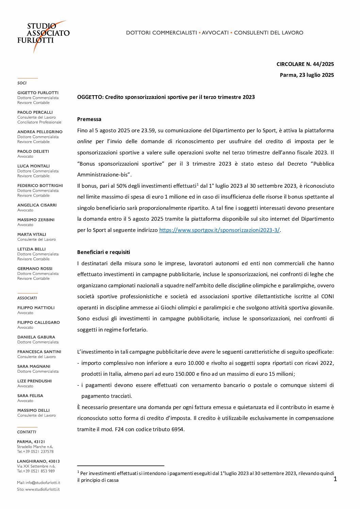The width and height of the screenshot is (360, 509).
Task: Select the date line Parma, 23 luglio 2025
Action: click(x=307, y=75)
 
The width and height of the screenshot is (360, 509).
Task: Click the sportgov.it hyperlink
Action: click(x=219, y=230)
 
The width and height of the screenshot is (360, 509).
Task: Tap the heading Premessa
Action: click(x=89, y=119)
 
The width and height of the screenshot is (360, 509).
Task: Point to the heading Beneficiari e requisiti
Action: click(x=103, y=252)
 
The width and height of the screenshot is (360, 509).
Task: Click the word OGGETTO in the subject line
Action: click(x=90, y=97)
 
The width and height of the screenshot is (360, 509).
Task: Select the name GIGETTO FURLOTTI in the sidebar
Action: click(x=38, y=93)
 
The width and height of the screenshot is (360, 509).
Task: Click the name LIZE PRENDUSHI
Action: click(x=34, y=381)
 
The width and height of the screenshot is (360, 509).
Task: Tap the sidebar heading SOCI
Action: click(x=22, y=83)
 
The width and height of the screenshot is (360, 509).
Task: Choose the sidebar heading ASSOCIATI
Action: click(x=27, y=298)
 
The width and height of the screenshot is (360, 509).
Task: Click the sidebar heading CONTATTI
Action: click(x=27, y=432)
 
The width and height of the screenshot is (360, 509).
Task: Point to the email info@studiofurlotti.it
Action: click(x=43, y=483)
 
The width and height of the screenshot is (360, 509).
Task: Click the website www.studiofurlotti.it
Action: click(x=42, y=490)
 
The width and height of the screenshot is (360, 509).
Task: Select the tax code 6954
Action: click(x=177, y=429)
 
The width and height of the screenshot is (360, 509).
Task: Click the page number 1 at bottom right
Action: click(x=335, y=479)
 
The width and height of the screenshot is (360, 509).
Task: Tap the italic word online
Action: click(x=84, y=141)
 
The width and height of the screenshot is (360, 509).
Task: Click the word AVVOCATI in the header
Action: click(x=215, y=33)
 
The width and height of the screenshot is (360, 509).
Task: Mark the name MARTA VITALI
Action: click(x=32, y=235)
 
